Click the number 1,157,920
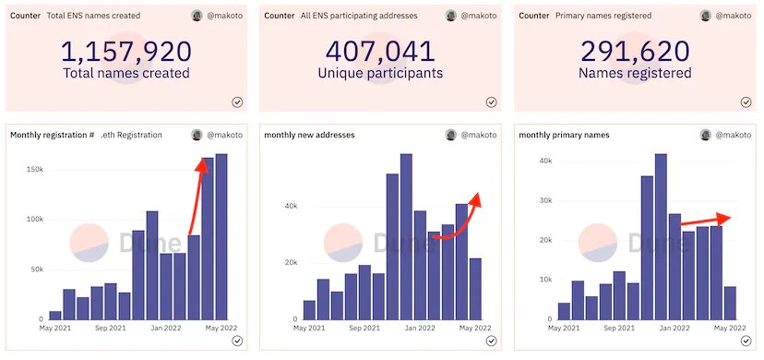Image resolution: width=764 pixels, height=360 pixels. click(126, 52)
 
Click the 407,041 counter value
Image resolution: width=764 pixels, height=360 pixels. click(380, 52)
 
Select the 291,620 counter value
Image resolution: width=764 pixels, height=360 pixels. click(635, 52)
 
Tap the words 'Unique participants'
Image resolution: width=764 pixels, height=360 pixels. click(380, 73)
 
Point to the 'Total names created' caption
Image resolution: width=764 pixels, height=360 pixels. click(126, 73)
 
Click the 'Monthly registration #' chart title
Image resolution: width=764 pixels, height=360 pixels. click(53, 135)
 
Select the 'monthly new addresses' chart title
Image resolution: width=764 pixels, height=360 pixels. click(309, 135)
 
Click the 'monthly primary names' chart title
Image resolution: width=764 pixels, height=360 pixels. click(564, 135)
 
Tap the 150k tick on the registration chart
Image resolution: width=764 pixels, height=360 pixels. click(36, 170)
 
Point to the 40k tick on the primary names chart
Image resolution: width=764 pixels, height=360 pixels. click(545, 161)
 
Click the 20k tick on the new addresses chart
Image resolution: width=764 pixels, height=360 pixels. click(292, 263)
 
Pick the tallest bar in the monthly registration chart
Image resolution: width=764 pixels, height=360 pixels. click(221, 236)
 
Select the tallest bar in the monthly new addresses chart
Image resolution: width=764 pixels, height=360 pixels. click(406, 236)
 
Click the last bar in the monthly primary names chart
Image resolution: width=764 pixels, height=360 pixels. click(730, 303)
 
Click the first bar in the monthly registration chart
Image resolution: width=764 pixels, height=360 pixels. click(55, 315)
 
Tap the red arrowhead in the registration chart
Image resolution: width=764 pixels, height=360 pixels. click(202, 164)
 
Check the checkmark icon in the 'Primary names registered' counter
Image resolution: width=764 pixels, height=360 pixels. click(746, 102)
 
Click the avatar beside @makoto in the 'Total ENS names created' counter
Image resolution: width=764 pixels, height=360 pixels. click(197, 16)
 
